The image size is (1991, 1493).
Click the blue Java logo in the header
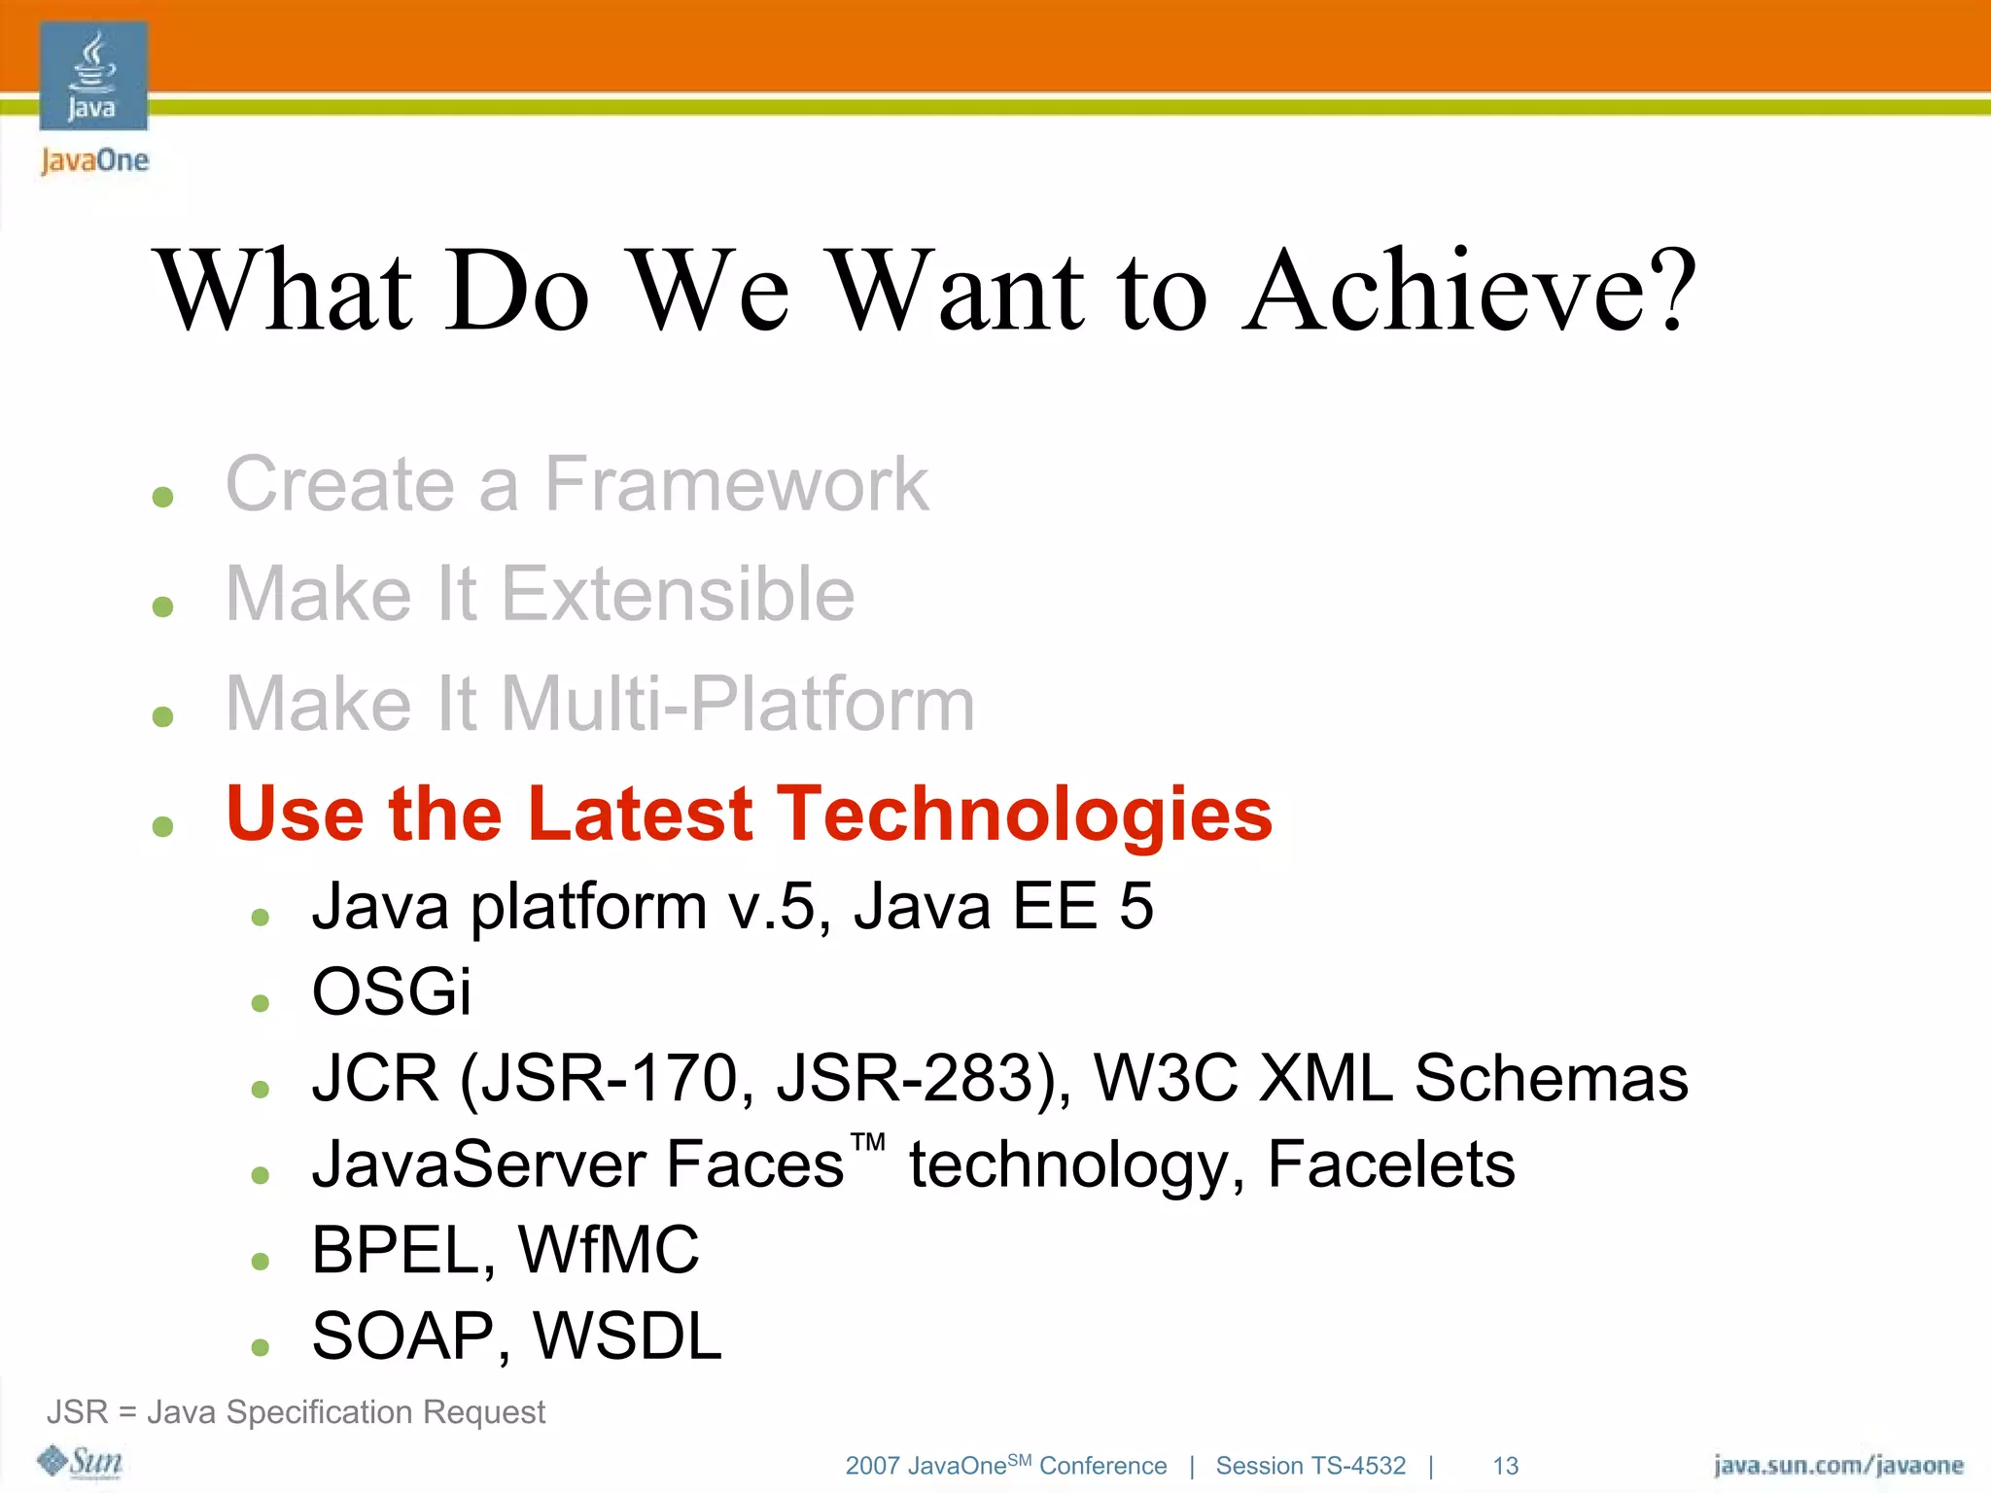pos(93,76)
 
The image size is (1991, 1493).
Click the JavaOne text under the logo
pos(94,160)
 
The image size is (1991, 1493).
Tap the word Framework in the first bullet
pos(736,484)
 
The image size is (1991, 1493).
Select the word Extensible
pos(678,594)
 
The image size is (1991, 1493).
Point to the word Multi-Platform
pos(737,704)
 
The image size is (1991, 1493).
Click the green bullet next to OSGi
pos(260,1002)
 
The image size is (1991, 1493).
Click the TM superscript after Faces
pos(868,1141)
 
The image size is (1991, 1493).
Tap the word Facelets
pos(1390,1164)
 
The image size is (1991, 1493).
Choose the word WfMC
pos(609,1250)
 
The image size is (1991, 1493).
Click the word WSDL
pos(627,1336)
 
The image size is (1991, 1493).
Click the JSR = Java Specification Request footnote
pos(297,1411)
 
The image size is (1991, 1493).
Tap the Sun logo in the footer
pos(80,1461)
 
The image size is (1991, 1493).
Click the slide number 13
pos(1505,1466)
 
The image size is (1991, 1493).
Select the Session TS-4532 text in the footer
pos(1310,1466)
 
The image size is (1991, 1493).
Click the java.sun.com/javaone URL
pos(1837,1466)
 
